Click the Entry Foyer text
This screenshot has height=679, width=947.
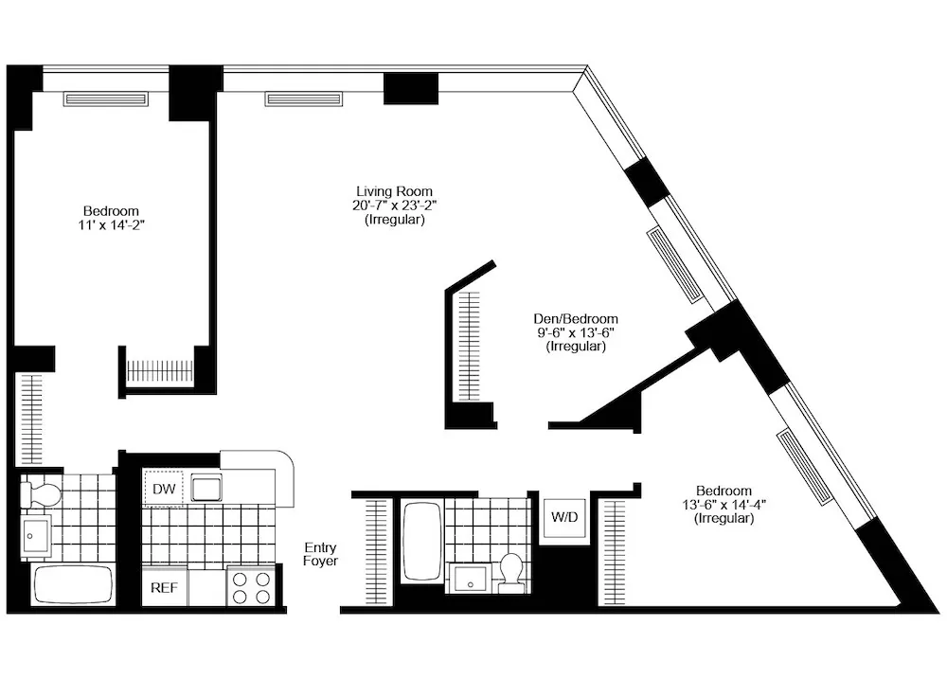coord(321,554)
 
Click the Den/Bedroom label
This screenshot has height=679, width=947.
coord(575,319)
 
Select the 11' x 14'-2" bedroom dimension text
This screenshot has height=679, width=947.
coord(111,225)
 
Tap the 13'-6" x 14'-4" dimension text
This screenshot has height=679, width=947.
coord(724,505)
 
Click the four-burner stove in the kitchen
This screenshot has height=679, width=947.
coord(252,586)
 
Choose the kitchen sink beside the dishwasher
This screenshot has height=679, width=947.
coord(205,489)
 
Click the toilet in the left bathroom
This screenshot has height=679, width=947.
coord(43,493)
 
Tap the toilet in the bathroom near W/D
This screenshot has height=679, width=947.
coord(511,571)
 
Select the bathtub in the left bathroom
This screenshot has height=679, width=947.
coord(74,585)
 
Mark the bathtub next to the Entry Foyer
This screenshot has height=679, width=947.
coord(420,543)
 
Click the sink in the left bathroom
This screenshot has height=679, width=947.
coord(38,536)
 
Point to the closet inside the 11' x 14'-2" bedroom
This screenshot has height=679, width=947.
coord(158,370)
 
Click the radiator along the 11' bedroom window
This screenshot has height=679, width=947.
coord(105,98)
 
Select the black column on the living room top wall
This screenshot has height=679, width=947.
coord(411,88)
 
